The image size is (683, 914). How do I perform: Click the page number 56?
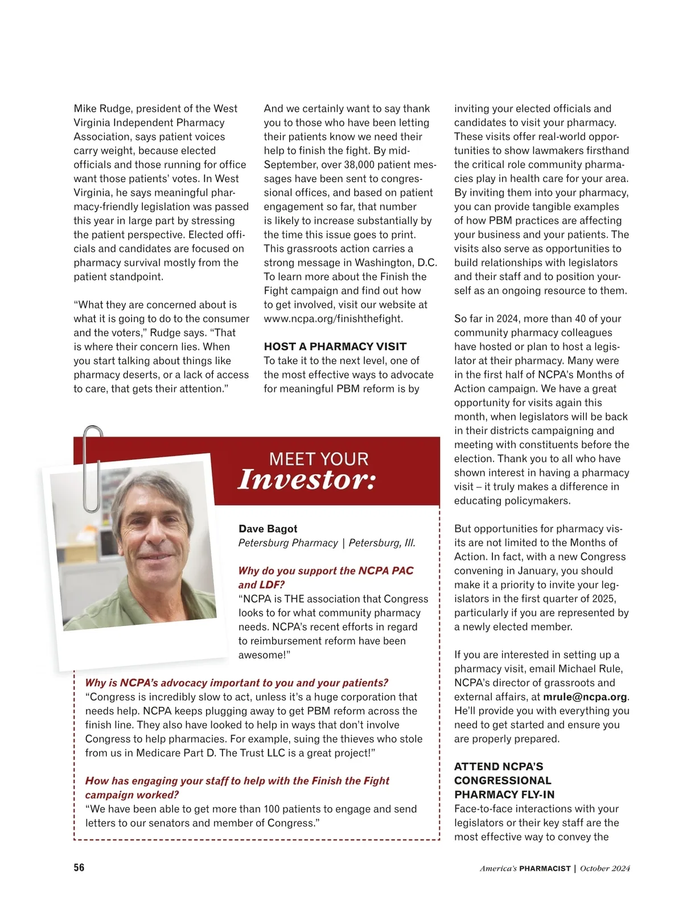tap(79, 867)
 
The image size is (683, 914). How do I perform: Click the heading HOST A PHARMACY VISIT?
tap(335, 347)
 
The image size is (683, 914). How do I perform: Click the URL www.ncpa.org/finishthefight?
tap(333, 319)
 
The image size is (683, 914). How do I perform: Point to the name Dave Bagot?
tap(268, 529)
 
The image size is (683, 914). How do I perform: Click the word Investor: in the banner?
tap(307, 480)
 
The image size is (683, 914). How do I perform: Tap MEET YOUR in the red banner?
tap(318, 459)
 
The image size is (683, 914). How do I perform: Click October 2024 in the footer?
tap(604, 868)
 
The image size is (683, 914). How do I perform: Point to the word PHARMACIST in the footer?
tap(545, 868)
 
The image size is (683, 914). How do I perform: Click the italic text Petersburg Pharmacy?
tap(288, 543)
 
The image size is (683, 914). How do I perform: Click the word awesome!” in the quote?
tap(264, 655)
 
